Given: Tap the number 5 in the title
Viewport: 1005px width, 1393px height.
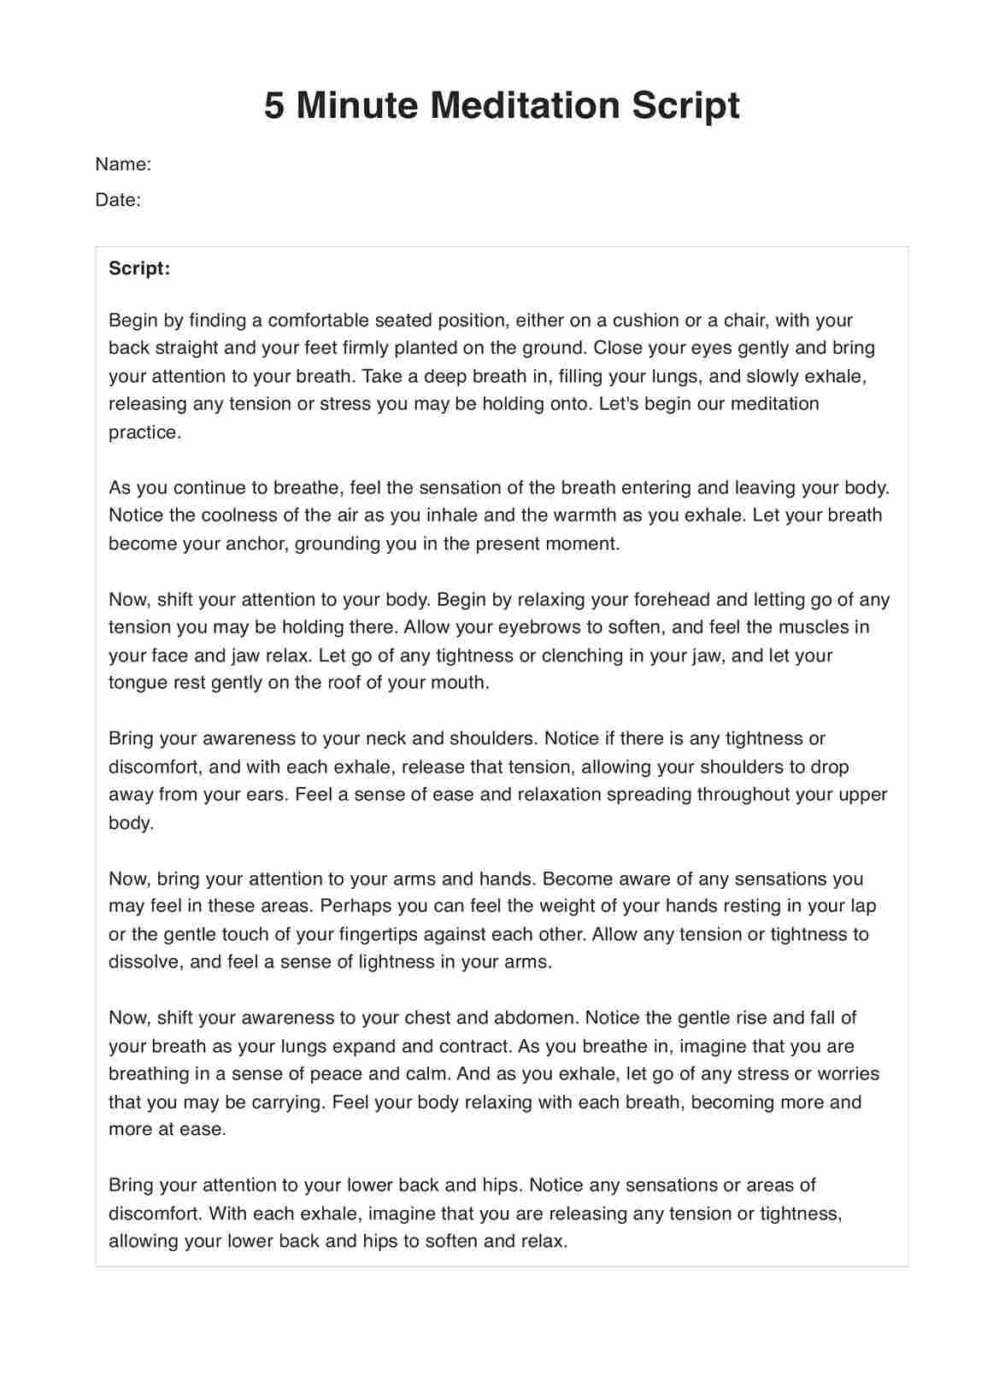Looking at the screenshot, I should click(273, 106).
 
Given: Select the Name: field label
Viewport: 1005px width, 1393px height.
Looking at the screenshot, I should click(123, 164).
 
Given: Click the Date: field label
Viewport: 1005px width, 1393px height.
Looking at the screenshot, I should click(118, 200).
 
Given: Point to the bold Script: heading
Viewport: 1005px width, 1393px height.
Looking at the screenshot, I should click(139, 268).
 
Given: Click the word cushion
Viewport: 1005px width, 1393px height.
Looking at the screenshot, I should click(645, 320).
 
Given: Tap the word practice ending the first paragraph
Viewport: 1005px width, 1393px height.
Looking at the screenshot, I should click(144, 432).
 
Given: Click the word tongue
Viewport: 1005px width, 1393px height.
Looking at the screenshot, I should click(137, 683).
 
